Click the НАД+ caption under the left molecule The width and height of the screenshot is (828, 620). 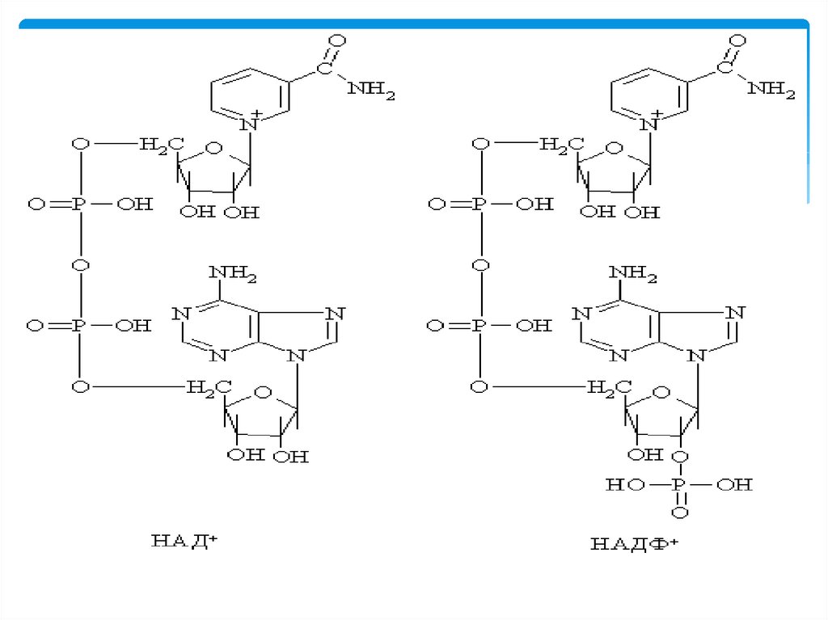[x=184, y=541]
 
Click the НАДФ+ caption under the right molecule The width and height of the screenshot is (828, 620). [x=634, y=544]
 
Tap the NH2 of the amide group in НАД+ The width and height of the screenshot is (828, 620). [x=371, y=89]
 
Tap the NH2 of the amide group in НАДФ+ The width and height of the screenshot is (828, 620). [x=771, y=89]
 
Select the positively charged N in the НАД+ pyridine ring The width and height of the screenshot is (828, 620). [x=248, y=124]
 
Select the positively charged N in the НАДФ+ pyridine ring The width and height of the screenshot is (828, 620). [x=648, y=124]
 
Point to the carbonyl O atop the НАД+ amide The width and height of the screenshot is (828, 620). [x=337, y=41]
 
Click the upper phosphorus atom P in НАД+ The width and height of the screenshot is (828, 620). [x=79, y=204]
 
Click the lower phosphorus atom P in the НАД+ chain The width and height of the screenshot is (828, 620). [x=78, y=325]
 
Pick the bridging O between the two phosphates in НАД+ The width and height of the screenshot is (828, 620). [x=80, y=265]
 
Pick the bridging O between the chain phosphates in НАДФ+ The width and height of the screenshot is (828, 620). [x=480, y=265]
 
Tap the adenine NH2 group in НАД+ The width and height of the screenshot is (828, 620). [x=233, y=273]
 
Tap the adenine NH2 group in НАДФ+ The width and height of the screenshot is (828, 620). [x=632, y=273]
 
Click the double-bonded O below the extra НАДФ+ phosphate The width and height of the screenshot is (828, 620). [x=679, y=512]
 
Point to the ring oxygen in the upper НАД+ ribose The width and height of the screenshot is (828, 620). [x=213, y=148]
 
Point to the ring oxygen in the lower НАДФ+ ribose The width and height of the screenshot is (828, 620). [x=661, y=392]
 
